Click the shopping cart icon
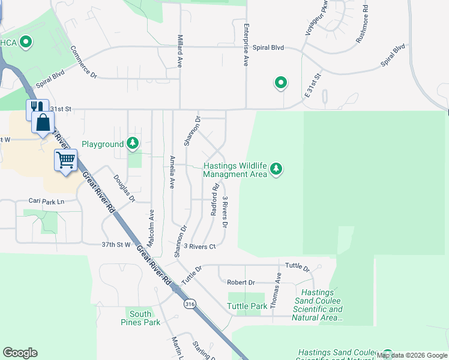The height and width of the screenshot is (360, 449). coord(65,161)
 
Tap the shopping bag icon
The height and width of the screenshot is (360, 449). coord(44,123)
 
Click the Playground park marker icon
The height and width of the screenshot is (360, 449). coord(133,144)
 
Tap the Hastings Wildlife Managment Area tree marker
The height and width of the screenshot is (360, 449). coord(276,169)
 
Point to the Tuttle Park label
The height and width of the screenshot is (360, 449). coord(247,306)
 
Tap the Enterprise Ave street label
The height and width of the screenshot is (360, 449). coord(246,45)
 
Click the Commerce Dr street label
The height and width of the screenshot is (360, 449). coord(83,62)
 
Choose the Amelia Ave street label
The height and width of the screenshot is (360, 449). coord(172,172)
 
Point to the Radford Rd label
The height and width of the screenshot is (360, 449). coord(214,200)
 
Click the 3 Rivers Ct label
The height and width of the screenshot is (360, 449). coord(199,246)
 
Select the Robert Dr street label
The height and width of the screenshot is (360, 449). coord(241,282)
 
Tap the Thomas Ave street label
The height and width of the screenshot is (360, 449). coord(276,291)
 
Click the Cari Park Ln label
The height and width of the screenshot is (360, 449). coord(46,202)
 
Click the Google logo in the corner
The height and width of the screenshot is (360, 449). coord(20,353)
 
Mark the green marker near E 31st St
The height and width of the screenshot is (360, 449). coord(280,83)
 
